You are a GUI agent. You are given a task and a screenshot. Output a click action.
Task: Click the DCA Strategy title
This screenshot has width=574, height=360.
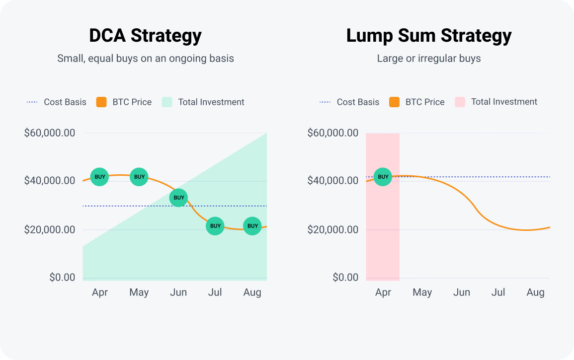pyautogui.click(x=145, y=36)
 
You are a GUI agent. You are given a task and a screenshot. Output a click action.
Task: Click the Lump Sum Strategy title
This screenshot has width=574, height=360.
pyautogui.click(x=429, y=36)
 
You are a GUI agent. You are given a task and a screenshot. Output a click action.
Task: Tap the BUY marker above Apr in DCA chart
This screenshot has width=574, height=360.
pyautogui.click(x=100, y=177)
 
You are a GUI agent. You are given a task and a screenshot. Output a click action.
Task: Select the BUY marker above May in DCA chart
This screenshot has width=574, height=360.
pyautogui.click(x=140, y=177)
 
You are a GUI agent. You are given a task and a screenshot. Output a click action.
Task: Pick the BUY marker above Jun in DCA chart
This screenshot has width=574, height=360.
pyautogui.click(x=178, y=198)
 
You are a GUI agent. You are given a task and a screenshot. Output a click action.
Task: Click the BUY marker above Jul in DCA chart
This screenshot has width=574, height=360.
pyautogui.click(x=215, y=226)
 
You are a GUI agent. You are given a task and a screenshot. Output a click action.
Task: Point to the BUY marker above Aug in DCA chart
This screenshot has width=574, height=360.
pyautogui.click(x=252, y=226)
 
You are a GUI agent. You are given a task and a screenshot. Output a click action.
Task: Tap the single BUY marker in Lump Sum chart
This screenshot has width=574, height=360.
pyautogui.click(x=383, y=177)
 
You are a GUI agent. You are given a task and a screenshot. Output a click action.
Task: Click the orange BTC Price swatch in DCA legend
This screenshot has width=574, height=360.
pyautogui.click(x=101, y=102)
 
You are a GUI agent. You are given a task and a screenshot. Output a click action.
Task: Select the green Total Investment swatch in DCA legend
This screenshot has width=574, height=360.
pyautogui.click(x=167, y=102)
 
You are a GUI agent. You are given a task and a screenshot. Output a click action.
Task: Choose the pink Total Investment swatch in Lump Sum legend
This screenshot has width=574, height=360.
pyautogui.click(x=460, y=102)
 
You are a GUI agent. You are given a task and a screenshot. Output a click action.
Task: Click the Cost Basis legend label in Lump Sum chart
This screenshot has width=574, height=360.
pyautogui.click(x=358, y=102)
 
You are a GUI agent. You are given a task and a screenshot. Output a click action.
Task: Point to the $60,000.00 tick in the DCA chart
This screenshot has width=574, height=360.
pyautogui.click(x=50, y=133)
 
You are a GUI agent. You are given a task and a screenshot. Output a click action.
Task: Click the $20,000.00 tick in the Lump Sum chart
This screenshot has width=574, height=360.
pyautogui.click(x=333, y=229)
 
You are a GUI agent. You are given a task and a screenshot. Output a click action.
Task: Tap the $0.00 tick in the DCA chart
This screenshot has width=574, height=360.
pyautogui.click(x=62, y=277)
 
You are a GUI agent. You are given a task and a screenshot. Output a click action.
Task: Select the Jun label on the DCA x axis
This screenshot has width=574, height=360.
pyautogui.click(x=178, y=292)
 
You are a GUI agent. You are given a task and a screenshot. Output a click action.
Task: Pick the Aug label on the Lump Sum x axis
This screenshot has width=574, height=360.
pyautogui.click(x=535, y=292)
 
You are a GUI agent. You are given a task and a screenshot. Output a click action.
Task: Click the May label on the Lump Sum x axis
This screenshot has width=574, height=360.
pyautogui.click(x=422, y=292)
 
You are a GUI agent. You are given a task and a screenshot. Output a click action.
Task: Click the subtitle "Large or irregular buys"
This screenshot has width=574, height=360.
pyautogui.click(x=429, y=59)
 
